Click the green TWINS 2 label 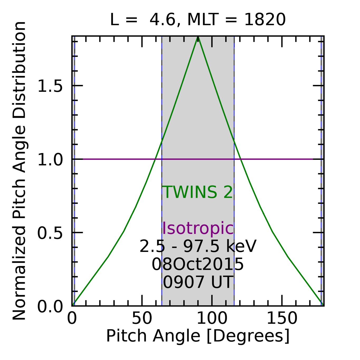click(198, 192)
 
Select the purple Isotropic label click(198, 228)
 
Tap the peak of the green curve click(198, 37)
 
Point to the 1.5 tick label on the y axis click(50, 86)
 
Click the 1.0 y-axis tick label click(50, 160)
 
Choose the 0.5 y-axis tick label click(50, 233)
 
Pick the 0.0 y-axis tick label click(50, 307)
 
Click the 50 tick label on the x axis click(142, 318)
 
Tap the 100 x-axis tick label click(212, 318)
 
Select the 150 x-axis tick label click(282, 318)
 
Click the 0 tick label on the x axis click(72, 318)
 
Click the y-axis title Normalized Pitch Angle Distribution click(19, 171)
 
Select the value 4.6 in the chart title click(162, 20)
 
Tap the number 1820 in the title click(265, 20)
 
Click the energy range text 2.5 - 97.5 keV click(198, 247)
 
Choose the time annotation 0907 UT click(198, 282)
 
